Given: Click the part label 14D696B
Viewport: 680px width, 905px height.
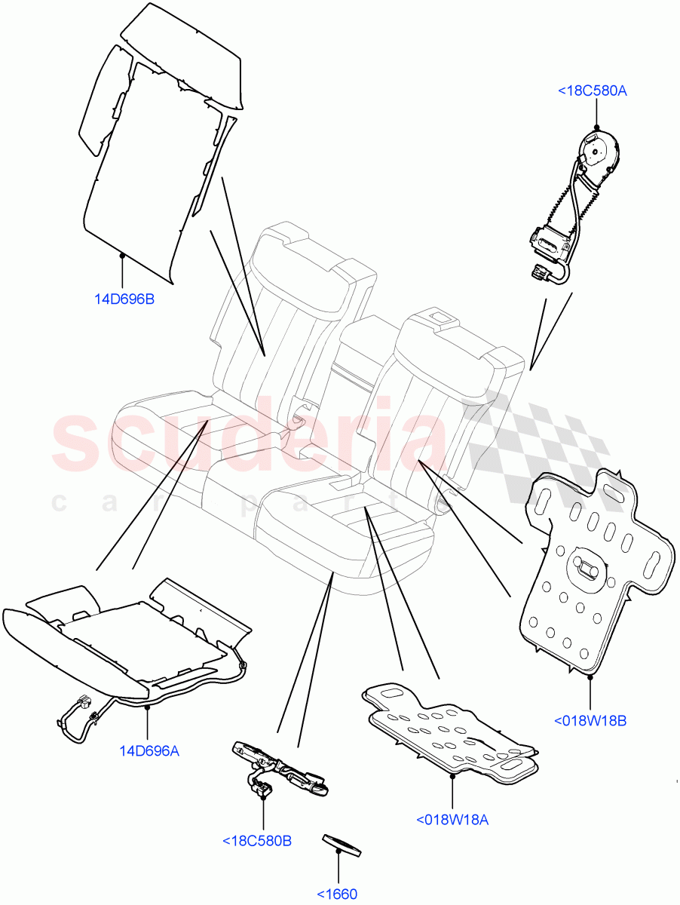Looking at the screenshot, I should click(x=124, y=299).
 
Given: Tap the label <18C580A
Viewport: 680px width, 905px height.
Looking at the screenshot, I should click(x=593, y=91).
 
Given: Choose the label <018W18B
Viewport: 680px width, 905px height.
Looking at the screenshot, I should click(x=590, y=720).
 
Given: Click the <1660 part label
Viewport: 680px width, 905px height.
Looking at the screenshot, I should click(x=336, y=894).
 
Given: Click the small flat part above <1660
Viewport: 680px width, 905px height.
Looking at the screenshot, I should click(x=342, y=845).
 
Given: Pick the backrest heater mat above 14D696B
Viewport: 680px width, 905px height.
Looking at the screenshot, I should click(x=151, y=151).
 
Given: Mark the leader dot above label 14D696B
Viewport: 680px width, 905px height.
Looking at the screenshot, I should click(x=122, y=256).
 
